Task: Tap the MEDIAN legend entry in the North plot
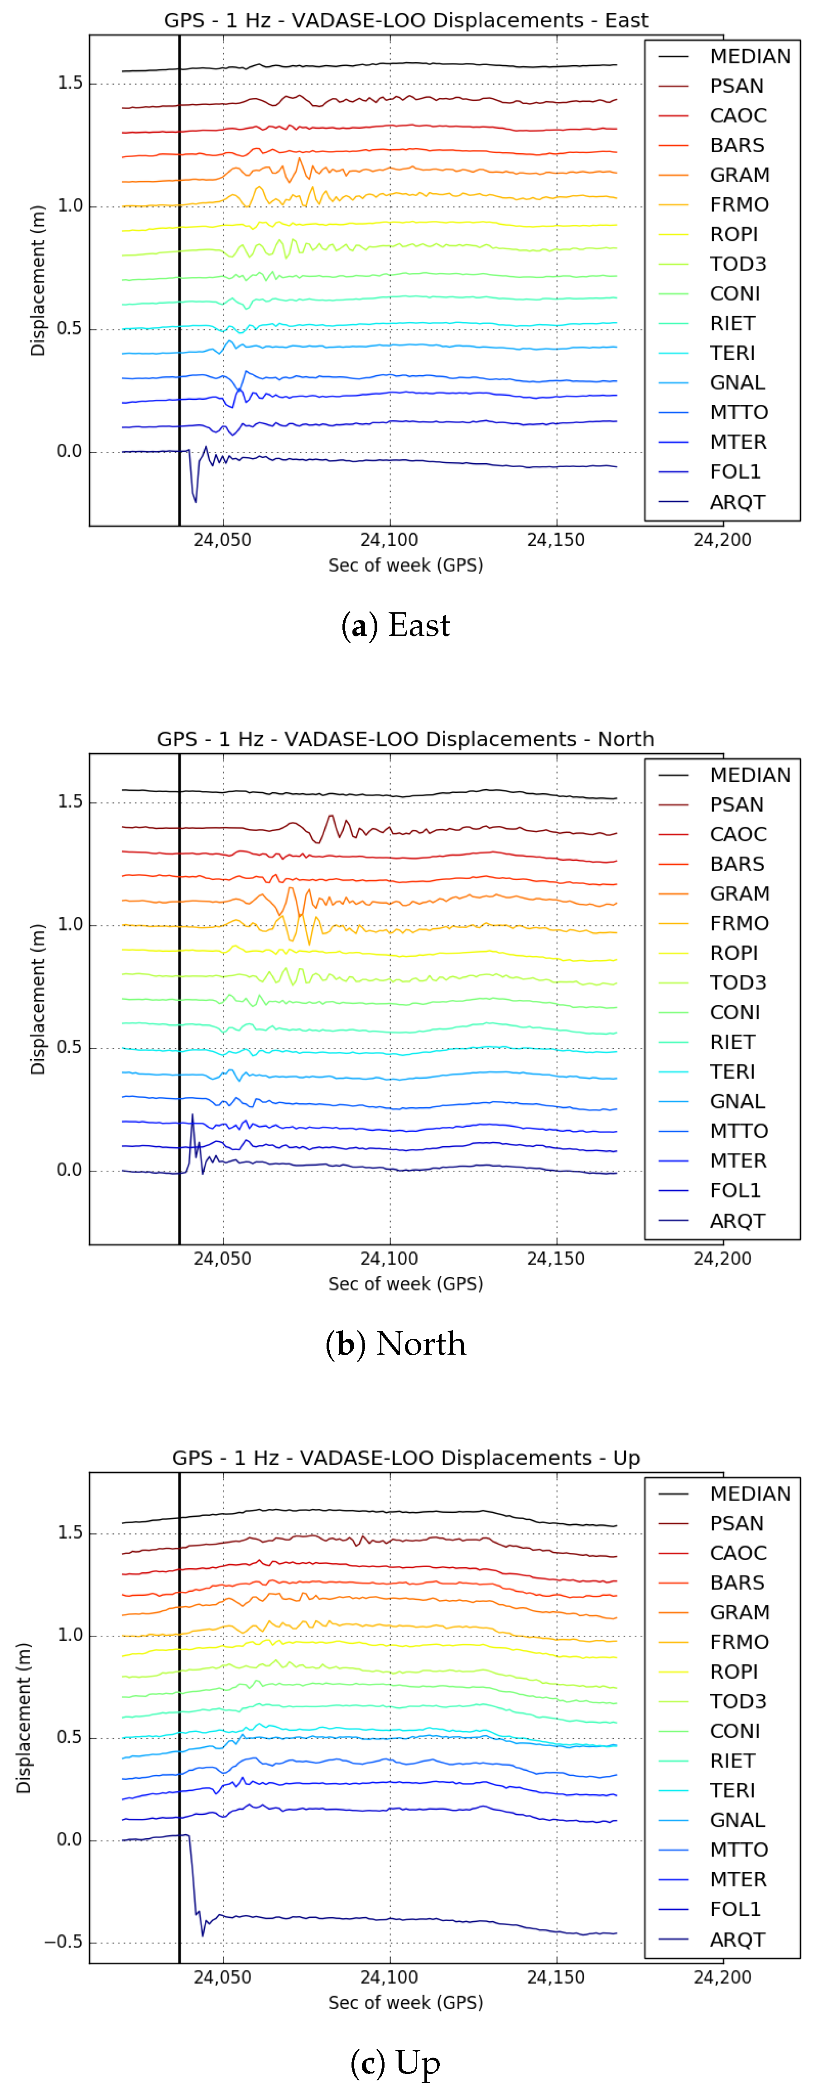point(749,775)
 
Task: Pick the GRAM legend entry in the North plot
point(738,894)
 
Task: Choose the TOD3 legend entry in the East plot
point(737,264)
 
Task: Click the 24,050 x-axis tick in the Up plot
point(222,1977)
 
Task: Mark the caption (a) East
point(395,625)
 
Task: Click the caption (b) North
point(395,1344)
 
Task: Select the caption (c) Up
point(395,2063)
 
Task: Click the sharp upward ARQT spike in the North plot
point(192,1115)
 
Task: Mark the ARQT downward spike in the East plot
point(195,500)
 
